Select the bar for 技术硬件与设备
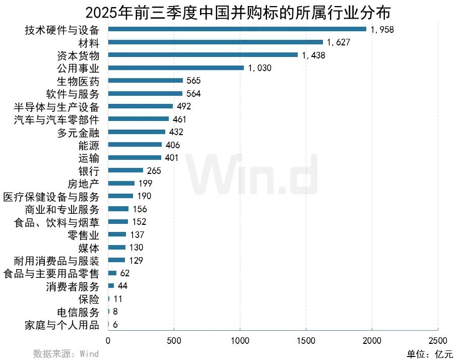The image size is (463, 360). (x=237, y=29)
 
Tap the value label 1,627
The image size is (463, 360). (x=339, y=42)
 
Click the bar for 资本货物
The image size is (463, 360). (x=203, y=55)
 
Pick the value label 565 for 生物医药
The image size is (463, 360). (x=193, y=81)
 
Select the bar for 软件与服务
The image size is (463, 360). (x=145, y=93)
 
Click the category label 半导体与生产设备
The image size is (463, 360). (x=58, y=106)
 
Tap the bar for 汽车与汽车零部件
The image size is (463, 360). (x=139, y=119)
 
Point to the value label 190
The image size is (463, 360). (x=144, y=196)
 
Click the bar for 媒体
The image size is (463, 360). (x=116, y=247)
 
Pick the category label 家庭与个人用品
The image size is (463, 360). (x=62, y=324)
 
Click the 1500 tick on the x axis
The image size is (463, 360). (x=306, y=340)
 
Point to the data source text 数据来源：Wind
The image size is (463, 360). (x=66, y=353)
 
